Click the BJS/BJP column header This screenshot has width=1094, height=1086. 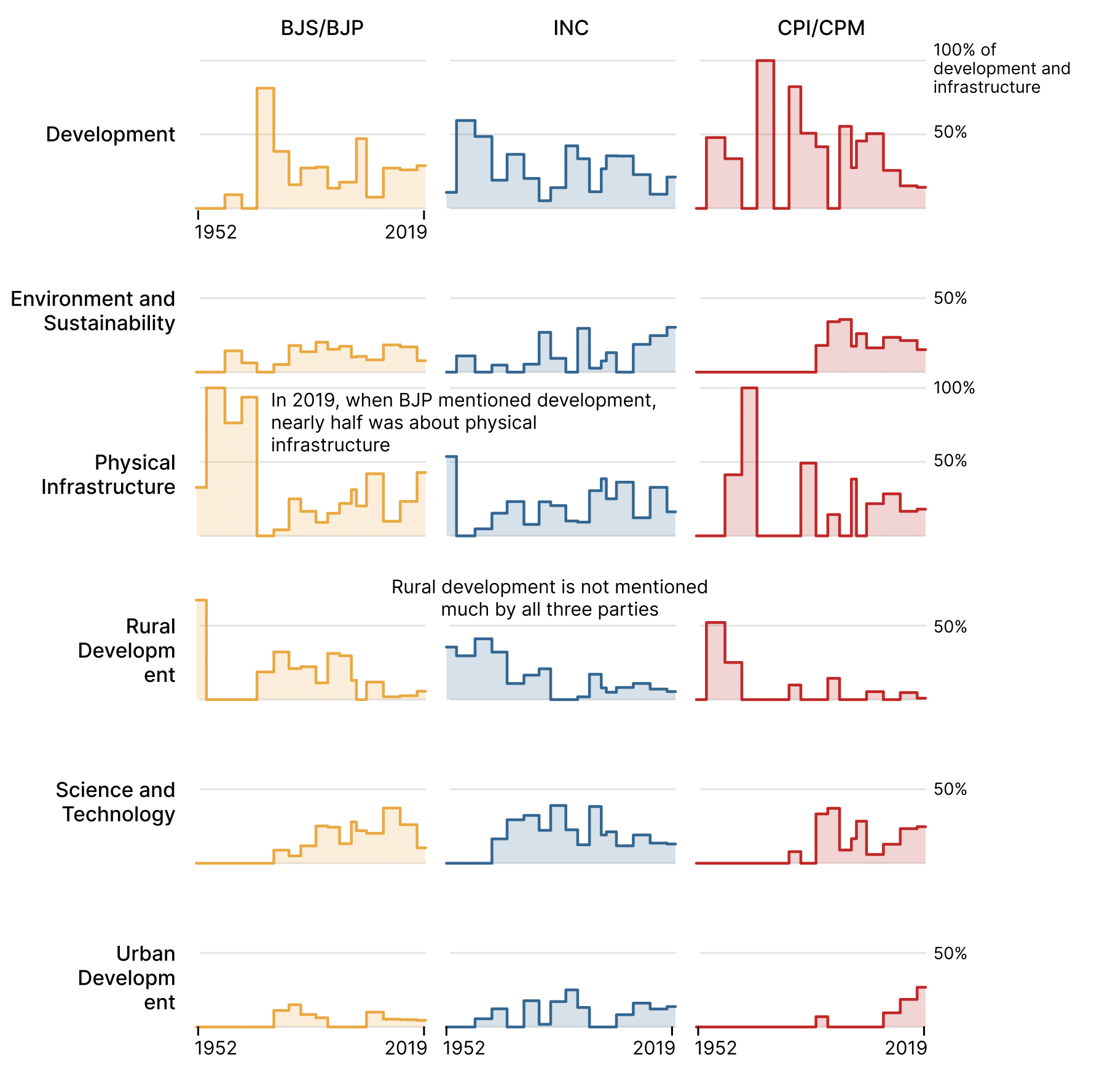tap(322, 28)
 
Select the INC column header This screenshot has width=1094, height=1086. tap(571, 28)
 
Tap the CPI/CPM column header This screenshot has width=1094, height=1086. tap(821, 28)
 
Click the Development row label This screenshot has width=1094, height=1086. tap(111, 134)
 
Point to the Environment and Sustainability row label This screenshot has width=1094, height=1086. tap(93, 311)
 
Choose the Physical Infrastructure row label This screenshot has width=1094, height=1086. tap(108, 474)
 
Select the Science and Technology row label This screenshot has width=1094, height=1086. tap(116, 802)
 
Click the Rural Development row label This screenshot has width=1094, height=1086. tap(127, 651)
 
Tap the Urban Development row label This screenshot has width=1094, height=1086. tap(127, 978)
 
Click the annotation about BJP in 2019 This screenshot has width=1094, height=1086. tap(463, 422)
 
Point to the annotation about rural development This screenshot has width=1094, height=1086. tap(549, 598)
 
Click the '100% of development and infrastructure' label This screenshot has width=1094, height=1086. tap(1002, 68)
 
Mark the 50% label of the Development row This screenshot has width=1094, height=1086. tap(950, 132)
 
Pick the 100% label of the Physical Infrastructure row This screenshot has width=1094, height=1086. tap(954, 388)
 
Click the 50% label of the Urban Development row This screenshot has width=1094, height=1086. tap(950, 953)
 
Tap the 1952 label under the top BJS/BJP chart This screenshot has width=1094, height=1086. tap(216, 232)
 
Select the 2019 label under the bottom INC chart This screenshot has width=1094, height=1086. tap(654, 1048)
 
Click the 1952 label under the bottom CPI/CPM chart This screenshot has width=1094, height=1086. tap(715, 1048)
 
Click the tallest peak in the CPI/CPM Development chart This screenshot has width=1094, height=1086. tap(765, 61)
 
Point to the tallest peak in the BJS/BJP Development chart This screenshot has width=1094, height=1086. tap(265, 89)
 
